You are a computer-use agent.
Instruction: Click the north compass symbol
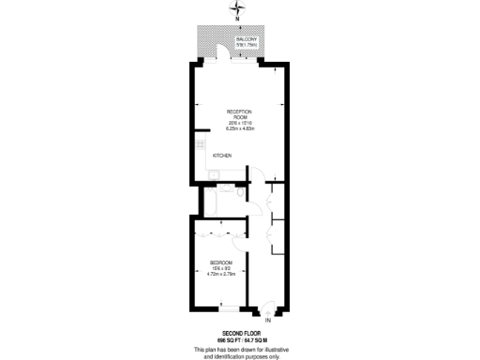[236, 8]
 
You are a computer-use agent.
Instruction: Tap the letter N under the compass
[236, 19]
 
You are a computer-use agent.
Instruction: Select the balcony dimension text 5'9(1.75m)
[247, 44]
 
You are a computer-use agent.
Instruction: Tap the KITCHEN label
[222, 156]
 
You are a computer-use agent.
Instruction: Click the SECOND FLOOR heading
[239, 333]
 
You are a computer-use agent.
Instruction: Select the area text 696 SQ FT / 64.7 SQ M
[239, 339]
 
